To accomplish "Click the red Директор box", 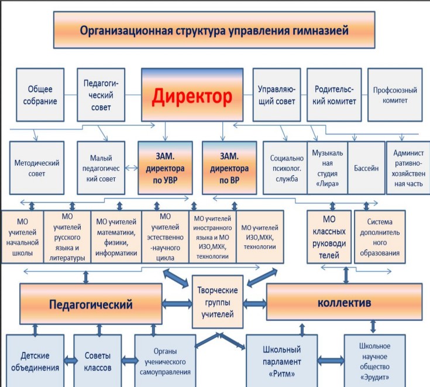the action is (192, 95).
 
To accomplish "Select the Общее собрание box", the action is (40, 95).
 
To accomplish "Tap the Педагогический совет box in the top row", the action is (101, 95).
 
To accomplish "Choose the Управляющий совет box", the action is (277, 95).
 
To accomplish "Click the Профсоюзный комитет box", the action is (395, 95).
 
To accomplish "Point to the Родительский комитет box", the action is (334, 95).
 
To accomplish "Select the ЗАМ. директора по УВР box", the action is (165, 167).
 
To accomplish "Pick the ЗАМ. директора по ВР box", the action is (229, 167).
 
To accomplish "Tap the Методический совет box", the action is (37, 167).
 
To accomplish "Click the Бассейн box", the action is (366, 167).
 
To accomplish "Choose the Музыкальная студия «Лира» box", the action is (328, 167).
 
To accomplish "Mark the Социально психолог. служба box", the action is (285, 167).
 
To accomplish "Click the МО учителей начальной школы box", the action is (22, 237).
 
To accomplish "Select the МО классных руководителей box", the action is (329, 237).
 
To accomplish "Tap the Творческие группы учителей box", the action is (218, 302).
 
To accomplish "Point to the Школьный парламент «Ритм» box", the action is (281, 361).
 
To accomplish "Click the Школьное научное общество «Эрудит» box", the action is (374, 361).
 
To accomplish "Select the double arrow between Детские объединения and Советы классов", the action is (70, 361).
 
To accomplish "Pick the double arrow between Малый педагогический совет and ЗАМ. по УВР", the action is (132, 167).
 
